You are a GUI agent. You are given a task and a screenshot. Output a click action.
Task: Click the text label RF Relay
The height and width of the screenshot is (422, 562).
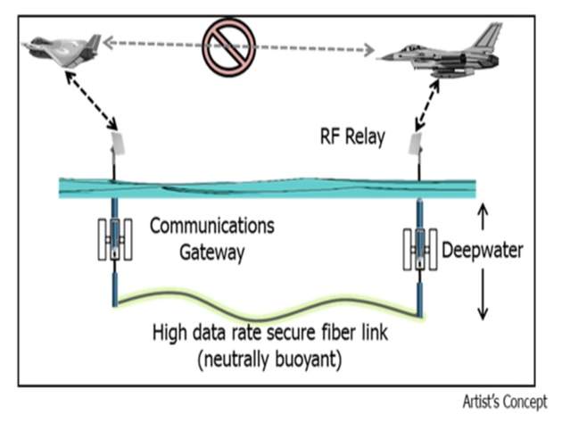pos(352,136)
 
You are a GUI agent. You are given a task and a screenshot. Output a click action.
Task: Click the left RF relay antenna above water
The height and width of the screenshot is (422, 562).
pos(116,143)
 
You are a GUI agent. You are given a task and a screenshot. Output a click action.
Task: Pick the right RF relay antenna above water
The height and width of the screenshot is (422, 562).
pos(416,143)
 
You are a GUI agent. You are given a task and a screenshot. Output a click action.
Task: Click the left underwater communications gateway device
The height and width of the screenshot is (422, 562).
pos(114,239)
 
